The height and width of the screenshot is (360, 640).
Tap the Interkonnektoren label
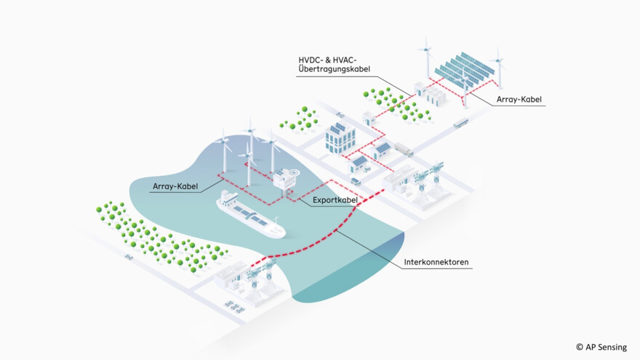(x=437, y=262)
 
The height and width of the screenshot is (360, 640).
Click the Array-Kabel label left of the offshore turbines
(x=175, y=187)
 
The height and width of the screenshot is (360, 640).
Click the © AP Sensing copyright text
(x=601, y=347)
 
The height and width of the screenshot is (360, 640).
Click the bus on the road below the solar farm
(x=460, y=124)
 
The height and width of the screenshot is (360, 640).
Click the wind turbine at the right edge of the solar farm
(x=498, y=65)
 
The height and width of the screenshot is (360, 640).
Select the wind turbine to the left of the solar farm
(x=423, y=58)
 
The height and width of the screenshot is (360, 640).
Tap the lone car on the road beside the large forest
(x=129, y=257)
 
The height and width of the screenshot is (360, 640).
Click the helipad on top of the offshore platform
(x=291, y=172)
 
